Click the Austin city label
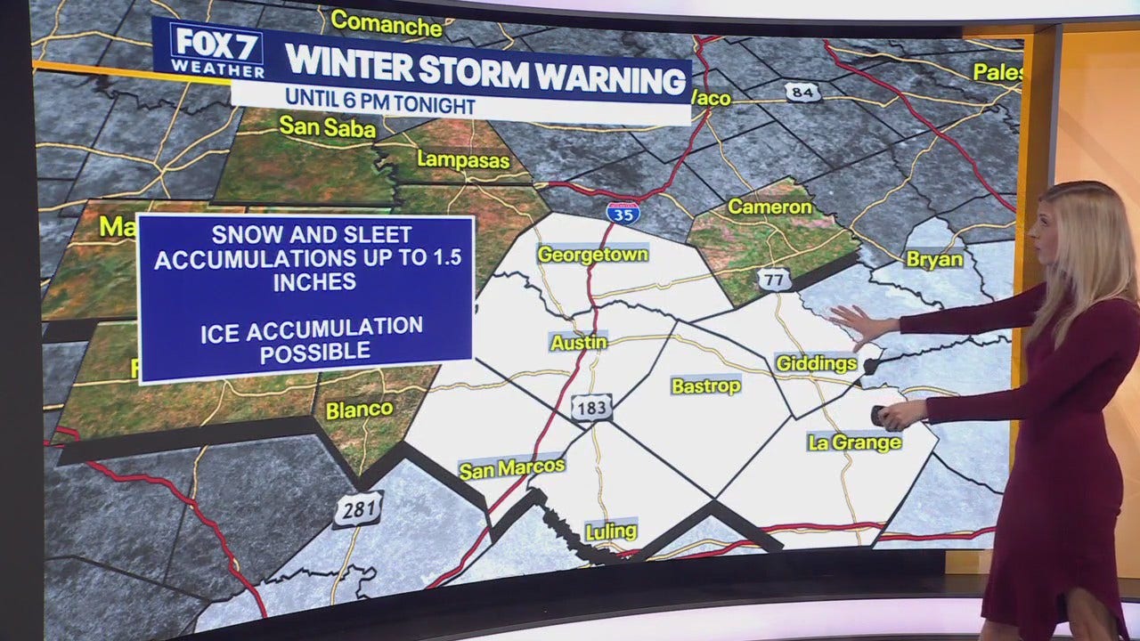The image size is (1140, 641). click(579, 342)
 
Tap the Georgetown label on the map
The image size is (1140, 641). click(592, 255)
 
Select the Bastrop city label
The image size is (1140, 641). click(705, 385)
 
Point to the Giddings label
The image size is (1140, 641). click(816, 363)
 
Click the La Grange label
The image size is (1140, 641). click(854, 442)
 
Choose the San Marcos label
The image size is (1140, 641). click(511, 468)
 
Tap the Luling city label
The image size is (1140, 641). click(611, 531)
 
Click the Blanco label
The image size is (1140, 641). click(359, 410)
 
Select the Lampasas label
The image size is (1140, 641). click(463, 161)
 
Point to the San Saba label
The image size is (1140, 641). click(327, 126)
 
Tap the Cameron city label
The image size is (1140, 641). click(769, 207)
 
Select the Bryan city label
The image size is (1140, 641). click(934, 259)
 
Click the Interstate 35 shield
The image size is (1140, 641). click(623, 212)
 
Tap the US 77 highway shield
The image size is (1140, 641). click(776, 280)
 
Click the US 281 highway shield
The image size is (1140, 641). click(358, 509)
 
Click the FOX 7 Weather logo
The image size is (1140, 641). click(217, 50)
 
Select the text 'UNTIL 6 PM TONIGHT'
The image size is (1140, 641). click(380, 106)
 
